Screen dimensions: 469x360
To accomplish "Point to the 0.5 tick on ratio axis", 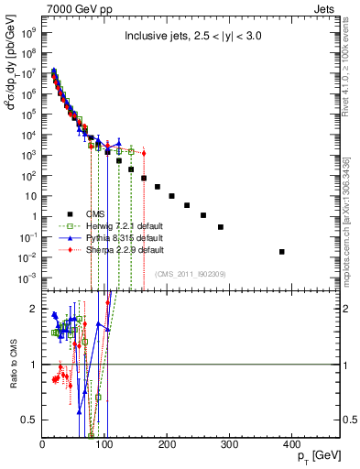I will [x=32, y=420].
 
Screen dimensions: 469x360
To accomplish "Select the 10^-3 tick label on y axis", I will [x=29, y=277].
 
